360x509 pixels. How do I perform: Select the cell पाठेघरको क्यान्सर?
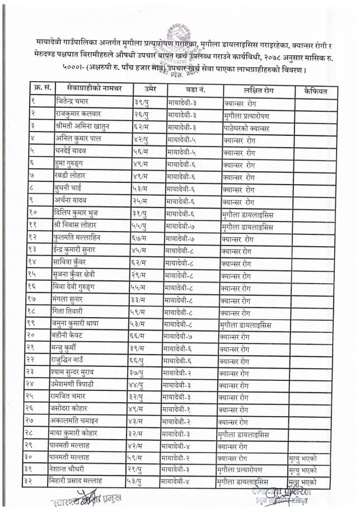pyautogui.click(x=247, y=128)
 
